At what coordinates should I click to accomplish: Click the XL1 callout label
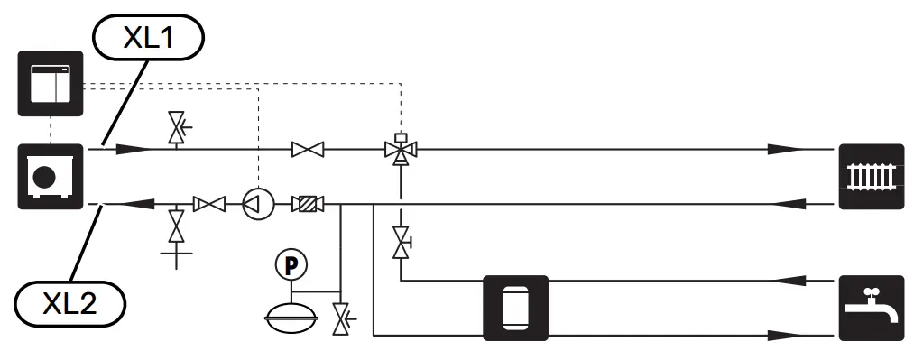point(148,40)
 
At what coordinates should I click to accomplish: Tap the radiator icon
point(872,176)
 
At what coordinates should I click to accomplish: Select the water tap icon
point(872,307)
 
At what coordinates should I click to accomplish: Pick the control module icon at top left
point(51,83)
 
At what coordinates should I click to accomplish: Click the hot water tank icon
point(516,307)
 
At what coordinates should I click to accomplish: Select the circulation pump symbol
point(257,205)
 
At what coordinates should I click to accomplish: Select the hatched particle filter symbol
point(309,205)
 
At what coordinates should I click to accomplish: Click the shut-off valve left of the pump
point(210,205)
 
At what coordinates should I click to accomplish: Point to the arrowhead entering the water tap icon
point(785,336)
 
